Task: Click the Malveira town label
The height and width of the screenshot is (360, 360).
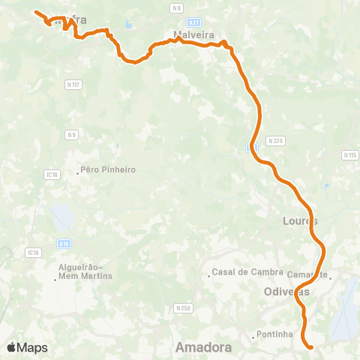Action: coord(194,34)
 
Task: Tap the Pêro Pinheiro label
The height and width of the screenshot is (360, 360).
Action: coord(109,170)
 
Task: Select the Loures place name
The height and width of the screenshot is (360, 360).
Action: coord(301,221)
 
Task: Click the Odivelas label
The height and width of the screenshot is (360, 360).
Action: coord(287,291)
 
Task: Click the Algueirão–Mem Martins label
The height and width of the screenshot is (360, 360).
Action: coord(85,271)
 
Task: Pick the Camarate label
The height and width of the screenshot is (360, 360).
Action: coord(307,274)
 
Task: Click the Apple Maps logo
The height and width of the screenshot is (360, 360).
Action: coord(27,347)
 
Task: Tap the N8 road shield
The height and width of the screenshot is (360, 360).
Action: coord(177,7)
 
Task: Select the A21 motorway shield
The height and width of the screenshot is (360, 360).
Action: coord(193,22)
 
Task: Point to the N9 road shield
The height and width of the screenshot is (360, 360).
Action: coord(71,135)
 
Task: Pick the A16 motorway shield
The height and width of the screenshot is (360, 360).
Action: coord(64,243)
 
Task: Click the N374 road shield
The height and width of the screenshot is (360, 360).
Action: coord(275,140)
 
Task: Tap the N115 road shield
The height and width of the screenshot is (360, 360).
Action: coord(349,155)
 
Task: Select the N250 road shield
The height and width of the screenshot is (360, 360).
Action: coord(183,307)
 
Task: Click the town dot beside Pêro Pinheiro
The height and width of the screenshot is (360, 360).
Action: coord(78,173)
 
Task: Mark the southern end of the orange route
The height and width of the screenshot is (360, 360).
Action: coord(310,346)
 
